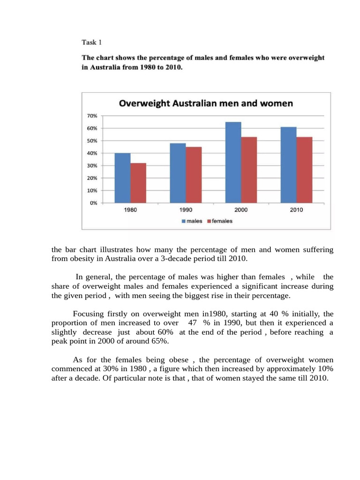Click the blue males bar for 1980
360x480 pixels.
123,178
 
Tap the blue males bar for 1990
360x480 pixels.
178,173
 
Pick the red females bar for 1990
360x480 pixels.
194,175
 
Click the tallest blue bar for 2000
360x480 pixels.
233,163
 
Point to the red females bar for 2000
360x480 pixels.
249,170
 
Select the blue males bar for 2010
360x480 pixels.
288,165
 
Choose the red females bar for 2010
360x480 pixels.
304,170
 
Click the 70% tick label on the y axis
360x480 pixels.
92,116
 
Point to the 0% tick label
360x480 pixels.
93,203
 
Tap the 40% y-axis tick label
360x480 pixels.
92,153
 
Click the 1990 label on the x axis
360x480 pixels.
186,210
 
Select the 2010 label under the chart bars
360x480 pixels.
296,210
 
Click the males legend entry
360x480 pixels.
192,221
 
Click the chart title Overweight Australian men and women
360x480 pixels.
206,103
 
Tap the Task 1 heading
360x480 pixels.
92,42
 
